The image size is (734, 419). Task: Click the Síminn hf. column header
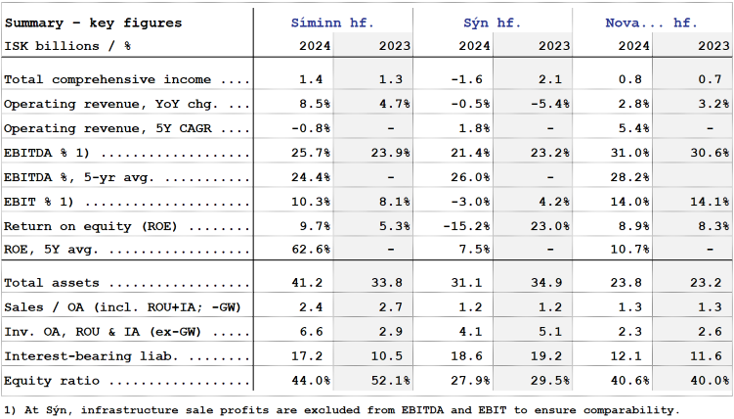click(x=332, y=23)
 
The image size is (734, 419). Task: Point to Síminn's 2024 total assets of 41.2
click(x=310, y=283)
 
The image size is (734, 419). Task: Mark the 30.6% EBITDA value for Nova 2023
click(x=709, y=154)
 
